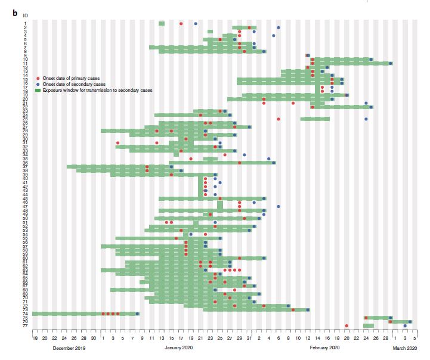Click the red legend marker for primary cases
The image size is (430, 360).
(38, 79)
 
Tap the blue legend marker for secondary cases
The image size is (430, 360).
(38, 85)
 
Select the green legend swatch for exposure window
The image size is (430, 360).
(38, 90)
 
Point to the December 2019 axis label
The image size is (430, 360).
(69, 347)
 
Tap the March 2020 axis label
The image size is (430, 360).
(404, 347)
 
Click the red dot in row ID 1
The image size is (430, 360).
(181, 23)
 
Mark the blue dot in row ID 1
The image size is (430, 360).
(196, 23)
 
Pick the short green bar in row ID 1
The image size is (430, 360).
(162, 23)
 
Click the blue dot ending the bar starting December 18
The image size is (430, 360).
(137, 314)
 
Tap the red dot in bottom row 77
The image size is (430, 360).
(347, 326)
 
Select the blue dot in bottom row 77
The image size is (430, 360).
(405, 326)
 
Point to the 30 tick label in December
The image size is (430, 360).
(94, 337)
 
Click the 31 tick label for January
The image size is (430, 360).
(249, 337)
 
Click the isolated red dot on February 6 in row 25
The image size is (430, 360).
(278, 119)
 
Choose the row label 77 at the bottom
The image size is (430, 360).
(25, 326)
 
